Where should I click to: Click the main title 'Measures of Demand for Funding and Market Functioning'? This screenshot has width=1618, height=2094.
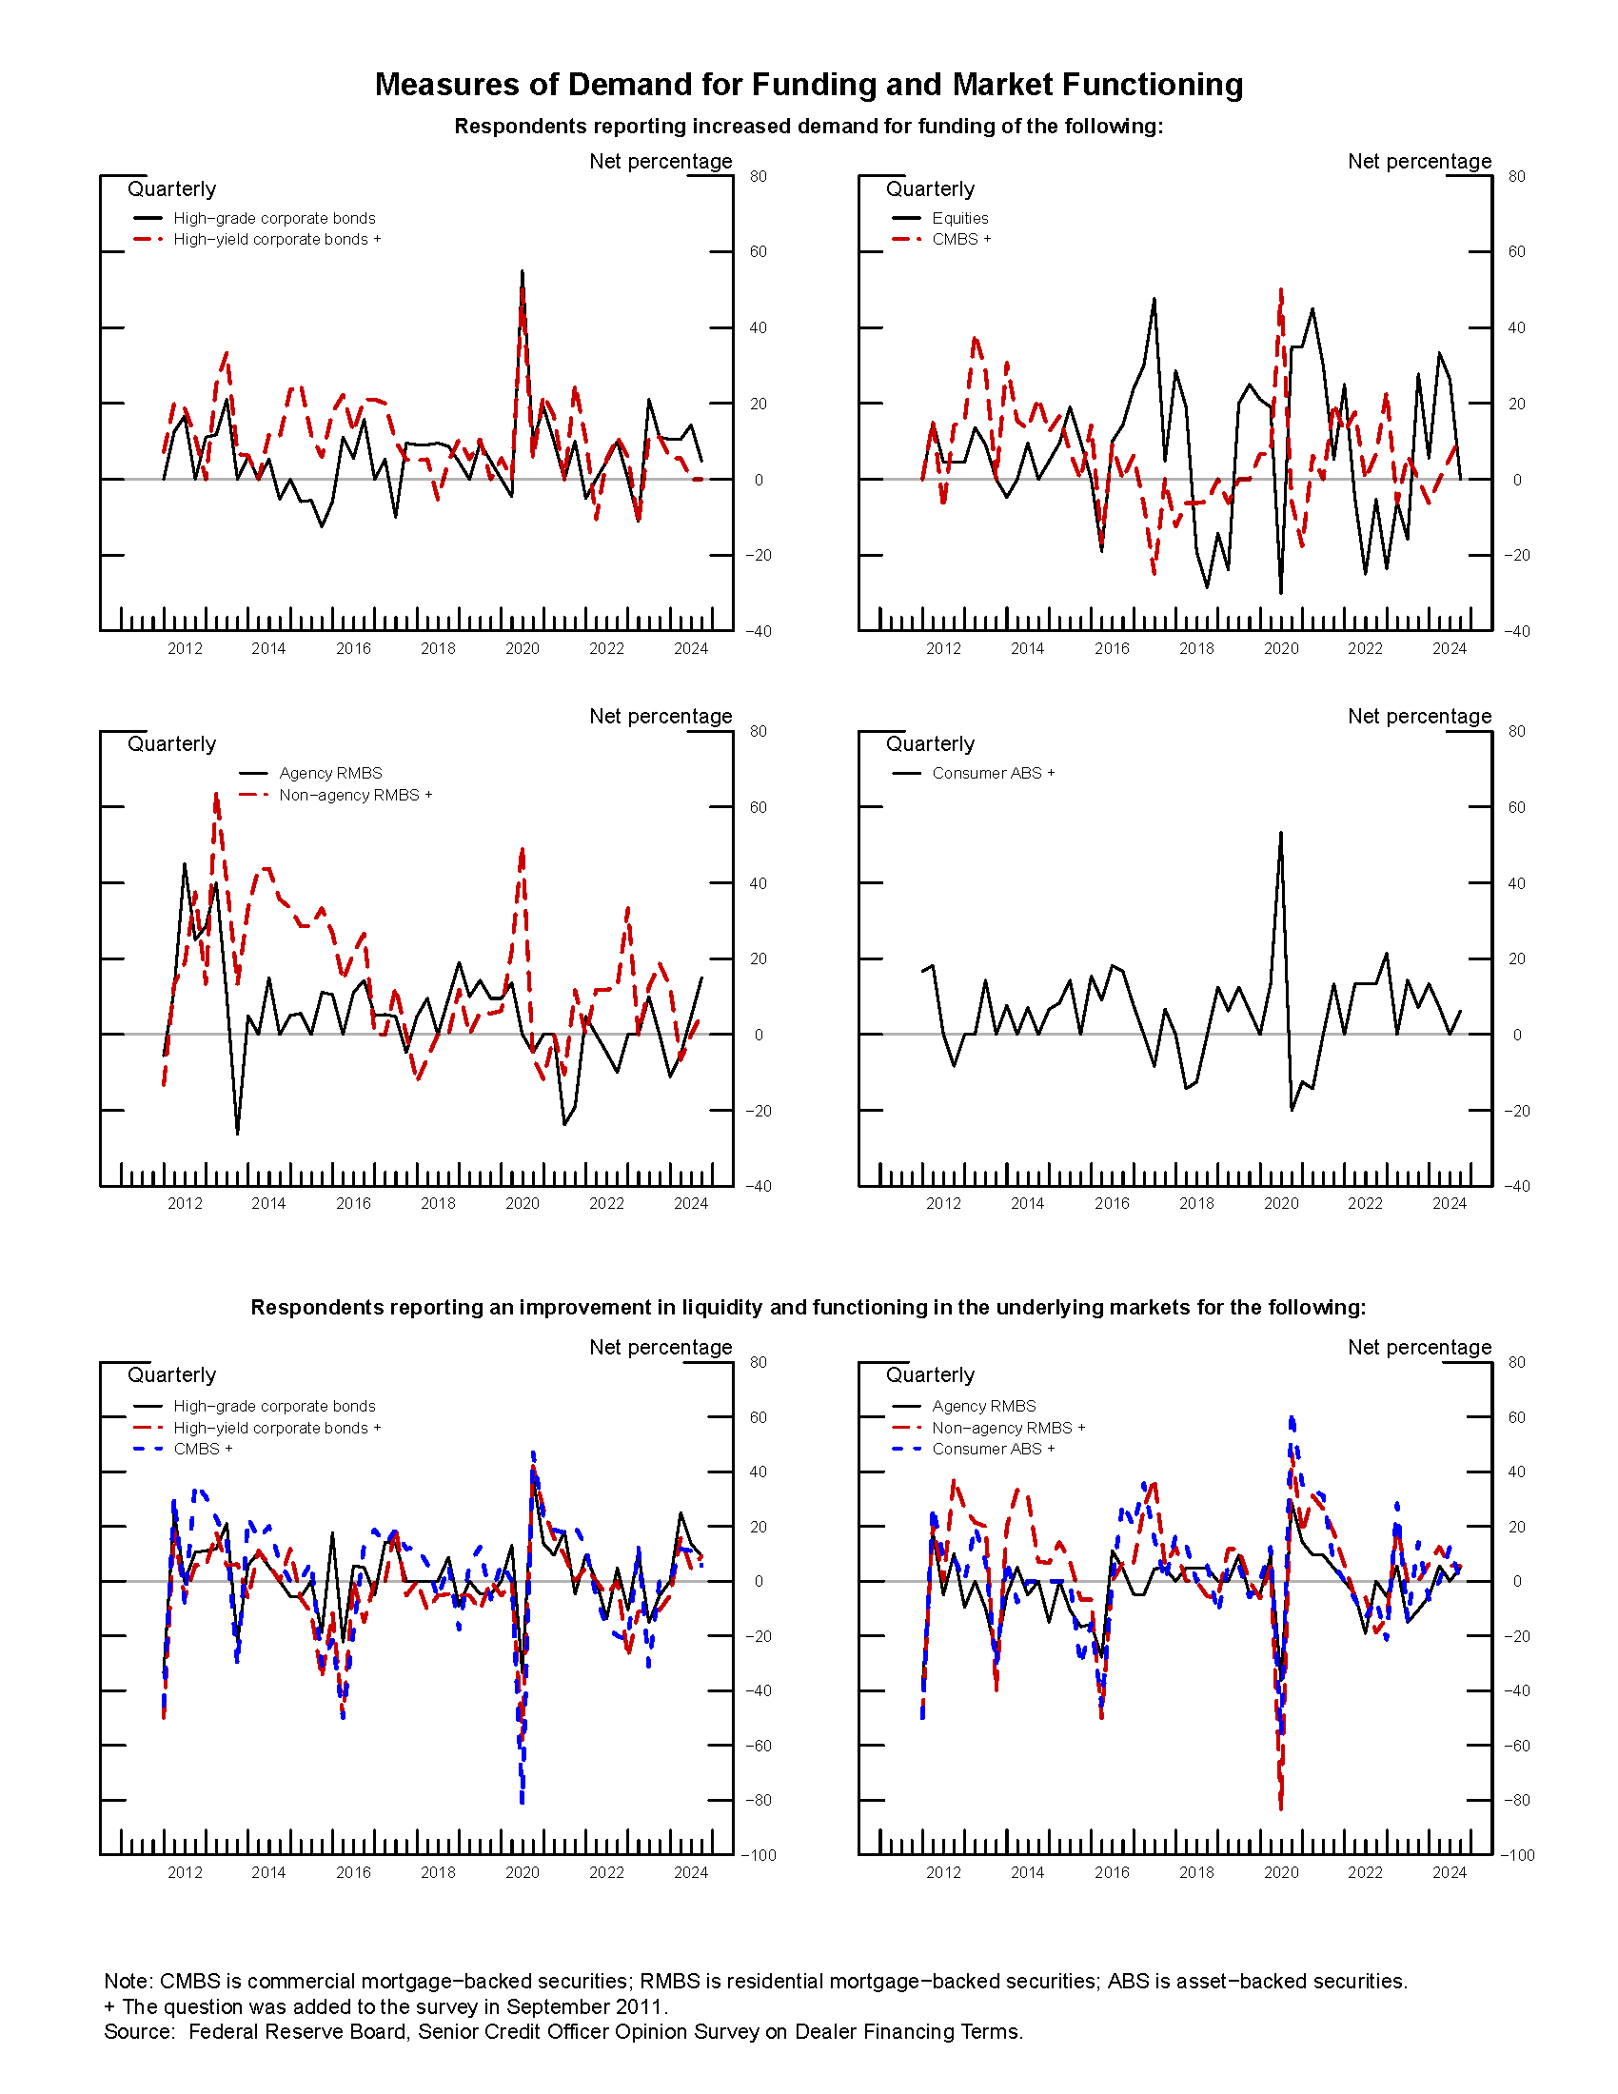[x=808, y=85]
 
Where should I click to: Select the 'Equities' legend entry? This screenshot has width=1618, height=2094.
[x=959, y=219]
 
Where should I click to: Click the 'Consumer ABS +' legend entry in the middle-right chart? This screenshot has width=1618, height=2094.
[x=992, y=773]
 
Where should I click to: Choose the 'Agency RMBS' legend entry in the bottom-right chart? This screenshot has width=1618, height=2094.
[x=983, y=1406]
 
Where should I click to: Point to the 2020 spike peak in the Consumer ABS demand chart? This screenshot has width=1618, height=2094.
[x=1280, y=832]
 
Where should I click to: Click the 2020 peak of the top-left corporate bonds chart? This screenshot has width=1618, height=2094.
[x=522, y=271]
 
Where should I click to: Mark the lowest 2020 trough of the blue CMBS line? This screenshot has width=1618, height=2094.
[x=522, y=1802]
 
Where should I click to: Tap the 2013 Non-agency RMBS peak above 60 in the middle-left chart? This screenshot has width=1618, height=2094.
[x=216, y=794]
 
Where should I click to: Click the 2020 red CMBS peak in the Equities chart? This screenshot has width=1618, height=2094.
[x=1280, y=289]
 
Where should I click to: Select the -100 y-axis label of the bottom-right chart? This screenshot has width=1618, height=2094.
[x=1517, y=1855]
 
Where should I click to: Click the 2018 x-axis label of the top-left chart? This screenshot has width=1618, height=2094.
[x=438, y=649]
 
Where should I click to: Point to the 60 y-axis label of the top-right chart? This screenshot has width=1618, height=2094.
[x=1516, y=252]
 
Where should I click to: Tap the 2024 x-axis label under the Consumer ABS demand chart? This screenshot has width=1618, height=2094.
[x=1450, y=1204]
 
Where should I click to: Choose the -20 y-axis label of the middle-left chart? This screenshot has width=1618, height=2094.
[x=758, y=1111]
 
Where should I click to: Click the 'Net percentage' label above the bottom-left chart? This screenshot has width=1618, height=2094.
[x=661, y=1347]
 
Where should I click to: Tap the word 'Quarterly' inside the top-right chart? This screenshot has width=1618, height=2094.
[x=930, y=188]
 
